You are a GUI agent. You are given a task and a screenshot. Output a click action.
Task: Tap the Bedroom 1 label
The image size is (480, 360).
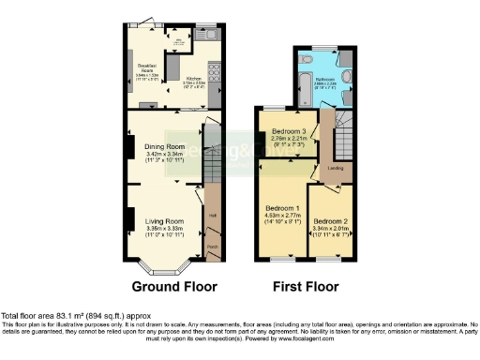282,207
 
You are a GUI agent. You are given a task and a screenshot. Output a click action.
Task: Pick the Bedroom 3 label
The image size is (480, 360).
289,131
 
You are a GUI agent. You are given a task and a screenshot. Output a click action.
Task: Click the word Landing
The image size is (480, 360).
335,169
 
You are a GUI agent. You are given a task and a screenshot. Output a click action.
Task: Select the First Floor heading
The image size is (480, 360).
305,286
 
